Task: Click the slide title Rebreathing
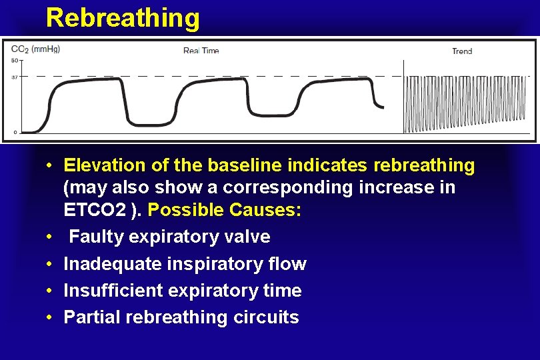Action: point(123,18)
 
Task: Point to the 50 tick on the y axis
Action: point(14,61)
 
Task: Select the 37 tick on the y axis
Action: point(14,77)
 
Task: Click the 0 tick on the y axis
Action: point(15,131)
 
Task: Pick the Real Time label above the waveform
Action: point(201,51)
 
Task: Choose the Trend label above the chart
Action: point(462,51)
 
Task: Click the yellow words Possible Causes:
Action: point(225,211)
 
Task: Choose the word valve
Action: point(249,237)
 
